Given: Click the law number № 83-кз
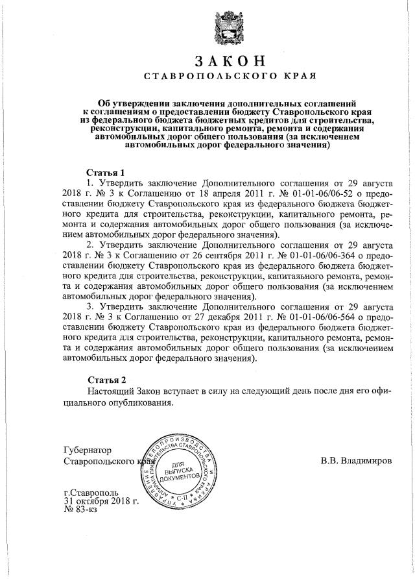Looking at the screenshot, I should (80, 511).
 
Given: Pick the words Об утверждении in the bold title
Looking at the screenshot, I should (132, 103).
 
